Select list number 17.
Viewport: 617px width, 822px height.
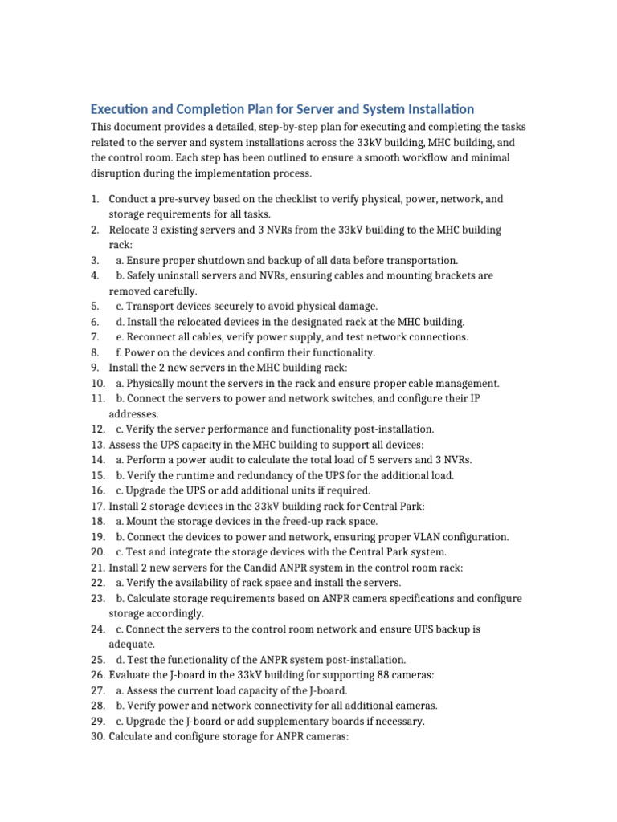[x=98, y=506]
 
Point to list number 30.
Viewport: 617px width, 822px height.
[x=98, y=736]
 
